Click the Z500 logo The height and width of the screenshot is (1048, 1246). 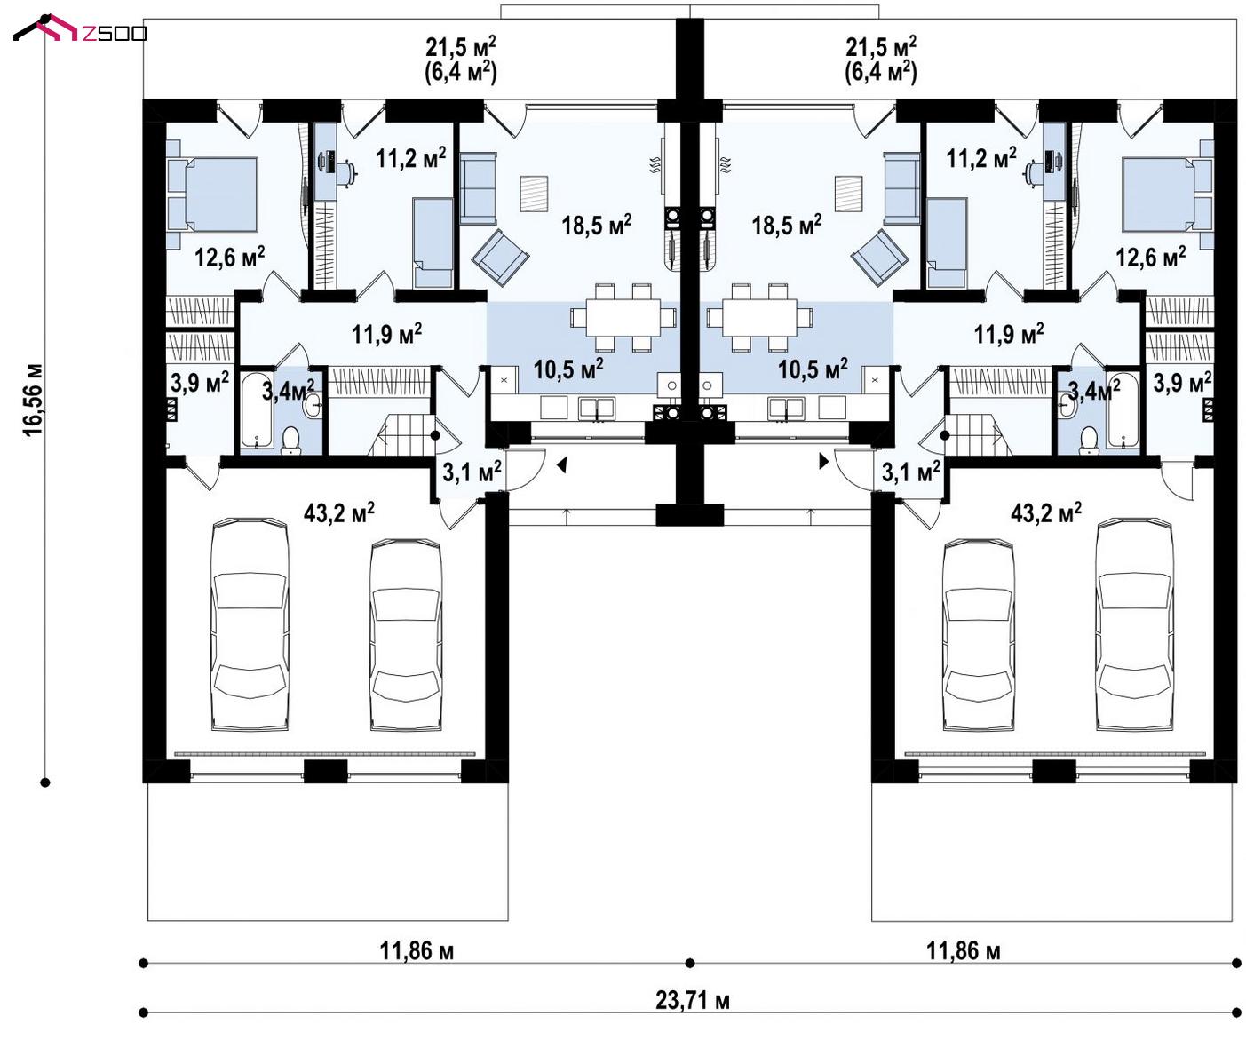pos(79,29)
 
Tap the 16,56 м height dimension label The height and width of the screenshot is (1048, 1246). pos(33,400)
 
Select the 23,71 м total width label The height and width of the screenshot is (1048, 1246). pos(692,1000)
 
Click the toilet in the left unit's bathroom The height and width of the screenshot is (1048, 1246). pos(290,440)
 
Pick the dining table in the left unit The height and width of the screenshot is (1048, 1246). pos(623,317)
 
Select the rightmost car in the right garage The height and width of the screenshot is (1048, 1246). pos(1135,624)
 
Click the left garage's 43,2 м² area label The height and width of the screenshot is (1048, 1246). pos(339,512)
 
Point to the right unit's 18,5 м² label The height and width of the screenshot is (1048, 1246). pos(786,226)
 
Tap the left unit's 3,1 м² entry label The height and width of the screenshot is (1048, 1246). pos(472,472)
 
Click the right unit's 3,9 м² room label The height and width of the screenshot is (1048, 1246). pos(1181,383)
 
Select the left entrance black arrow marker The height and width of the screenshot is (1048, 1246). pos(561,465)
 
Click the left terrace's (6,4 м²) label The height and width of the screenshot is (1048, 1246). pos(461,72)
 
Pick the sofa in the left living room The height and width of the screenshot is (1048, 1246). pos(478,188)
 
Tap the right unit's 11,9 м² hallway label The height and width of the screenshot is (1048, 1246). pos(1009,334)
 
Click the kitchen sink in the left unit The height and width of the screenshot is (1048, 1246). pos(596,409)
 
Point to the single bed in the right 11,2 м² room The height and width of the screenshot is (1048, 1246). pos(947,243)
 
